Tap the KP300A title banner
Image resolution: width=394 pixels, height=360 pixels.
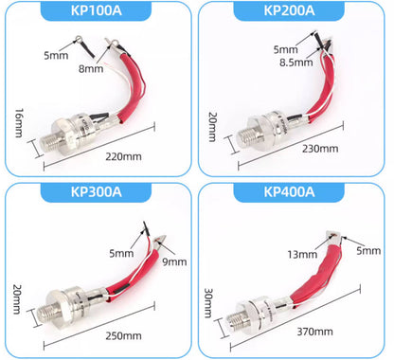(98, 193)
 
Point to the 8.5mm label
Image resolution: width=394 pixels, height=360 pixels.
(290, 63)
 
